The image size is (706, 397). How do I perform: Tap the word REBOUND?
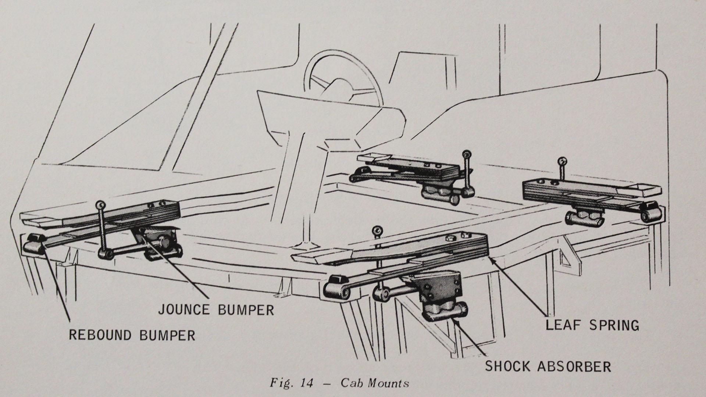pos(100,335)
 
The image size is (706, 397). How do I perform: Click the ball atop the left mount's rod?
pos(100,204)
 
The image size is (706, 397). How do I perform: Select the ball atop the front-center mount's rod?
pos(377,231)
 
